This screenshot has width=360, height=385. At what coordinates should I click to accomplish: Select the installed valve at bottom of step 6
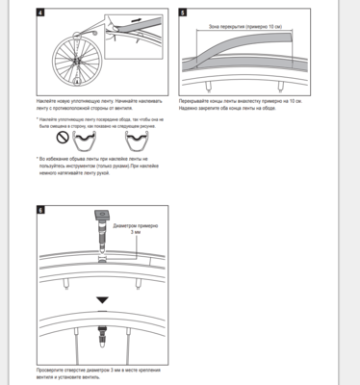click(x=102, y=338)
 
